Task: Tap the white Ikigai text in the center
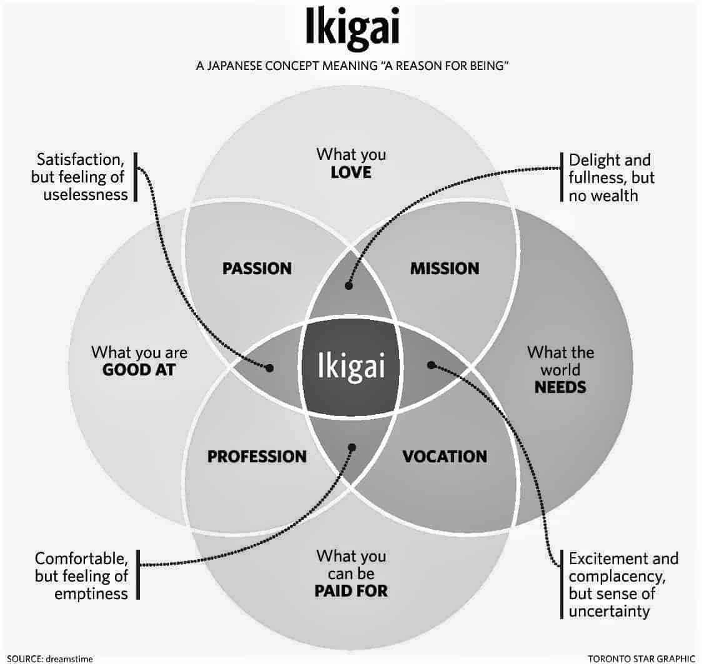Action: coord(351,366)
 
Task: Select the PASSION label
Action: coord(257,268)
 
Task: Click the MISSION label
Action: coord(445,268)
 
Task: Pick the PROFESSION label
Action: coord(257,456)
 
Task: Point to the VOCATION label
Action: coord(445,456)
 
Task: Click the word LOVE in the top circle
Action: coord(351,172)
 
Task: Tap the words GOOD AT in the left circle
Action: coord(139,370)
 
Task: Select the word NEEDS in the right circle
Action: coord(560,387)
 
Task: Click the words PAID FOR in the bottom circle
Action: coord(351,590)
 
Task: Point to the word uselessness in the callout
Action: coord(86,195)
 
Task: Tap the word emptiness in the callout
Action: coord(91,593)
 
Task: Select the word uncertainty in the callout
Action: coord(609,611)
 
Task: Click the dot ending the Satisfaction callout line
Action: coord(269,368)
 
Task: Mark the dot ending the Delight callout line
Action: coord(349,285)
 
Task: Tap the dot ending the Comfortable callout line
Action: coord(352,447)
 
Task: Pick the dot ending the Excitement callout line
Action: coord(431,365)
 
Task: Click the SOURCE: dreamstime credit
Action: coord(50,658)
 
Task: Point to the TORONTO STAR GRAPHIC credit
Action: coord(641,658)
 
